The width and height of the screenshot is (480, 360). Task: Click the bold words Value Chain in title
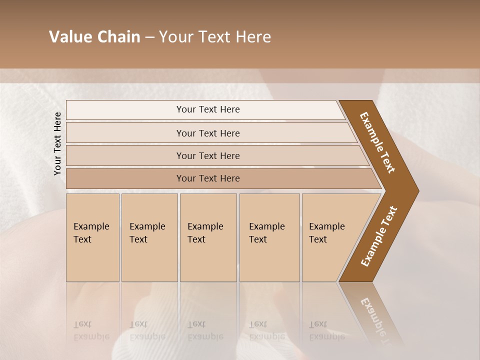[x=94, y=37]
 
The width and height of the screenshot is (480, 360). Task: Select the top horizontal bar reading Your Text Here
[x=208, y=109]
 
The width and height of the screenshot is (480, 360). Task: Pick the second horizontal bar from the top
[x=208, y=133]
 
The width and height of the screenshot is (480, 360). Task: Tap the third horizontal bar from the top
[x=208, y=155]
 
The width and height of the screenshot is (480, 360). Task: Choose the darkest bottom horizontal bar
[x=208, y=178]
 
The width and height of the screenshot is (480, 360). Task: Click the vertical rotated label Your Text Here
[x=57, y=143]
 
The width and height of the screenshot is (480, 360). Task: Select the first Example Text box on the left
[x=92, y=237]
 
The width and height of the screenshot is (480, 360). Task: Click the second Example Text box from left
[x=149, y=237]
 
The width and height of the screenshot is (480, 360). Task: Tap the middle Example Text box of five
[x=208, y=237]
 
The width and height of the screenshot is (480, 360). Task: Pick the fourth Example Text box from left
[x=269, y=237]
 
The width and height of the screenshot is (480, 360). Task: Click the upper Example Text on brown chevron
[x=377, y=142]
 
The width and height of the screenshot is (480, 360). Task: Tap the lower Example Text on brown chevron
[x=378, y=236]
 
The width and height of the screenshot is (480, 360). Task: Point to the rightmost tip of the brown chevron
[x=418, y=191]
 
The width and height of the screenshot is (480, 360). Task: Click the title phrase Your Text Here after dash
[x=215, y=37]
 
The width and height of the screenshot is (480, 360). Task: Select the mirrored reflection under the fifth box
[x=327, y=330]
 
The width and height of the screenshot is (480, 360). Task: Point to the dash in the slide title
[x=149, y=37]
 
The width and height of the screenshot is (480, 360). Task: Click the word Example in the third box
[x=205, y=226]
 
